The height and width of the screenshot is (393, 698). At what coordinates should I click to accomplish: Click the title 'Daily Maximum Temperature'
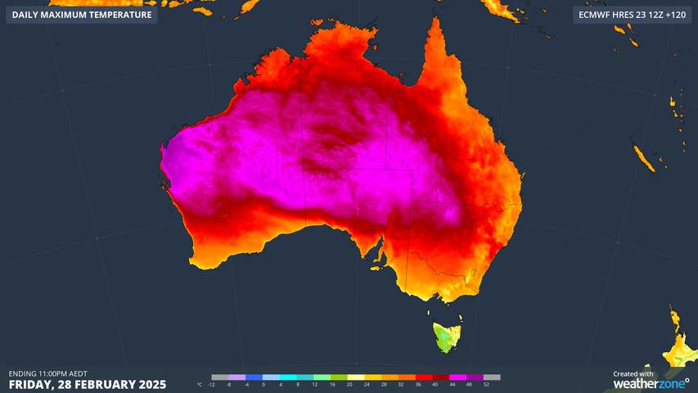coord(82,15)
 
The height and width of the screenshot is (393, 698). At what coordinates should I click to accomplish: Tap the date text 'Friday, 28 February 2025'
coord(88,384)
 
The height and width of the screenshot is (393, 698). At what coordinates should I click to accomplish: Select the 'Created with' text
coord(633,374)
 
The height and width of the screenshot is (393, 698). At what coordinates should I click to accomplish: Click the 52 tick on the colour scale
coord(486,384)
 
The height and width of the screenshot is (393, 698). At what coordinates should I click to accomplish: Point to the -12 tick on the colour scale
coord(211,384)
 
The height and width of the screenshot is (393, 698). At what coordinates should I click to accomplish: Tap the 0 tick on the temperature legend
coord(263,384)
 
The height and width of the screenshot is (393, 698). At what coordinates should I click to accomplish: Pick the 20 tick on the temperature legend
coord(349,384)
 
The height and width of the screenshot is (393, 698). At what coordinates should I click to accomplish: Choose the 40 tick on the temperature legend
coord(435,384)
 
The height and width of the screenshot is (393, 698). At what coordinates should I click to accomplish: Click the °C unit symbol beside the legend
coord(200,384)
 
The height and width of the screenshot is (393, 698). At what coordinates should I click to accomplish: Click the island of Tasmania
coord(447,336)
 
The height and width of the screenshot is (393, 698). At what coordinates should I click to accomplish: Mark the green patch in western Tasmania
coord(443,337)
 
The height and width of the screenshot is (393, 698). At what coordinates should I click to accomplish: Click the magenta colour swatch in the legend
coord(461,377)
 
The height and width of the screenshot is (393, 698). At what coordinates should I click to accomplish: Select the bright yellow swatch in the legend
coord(358,377)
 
